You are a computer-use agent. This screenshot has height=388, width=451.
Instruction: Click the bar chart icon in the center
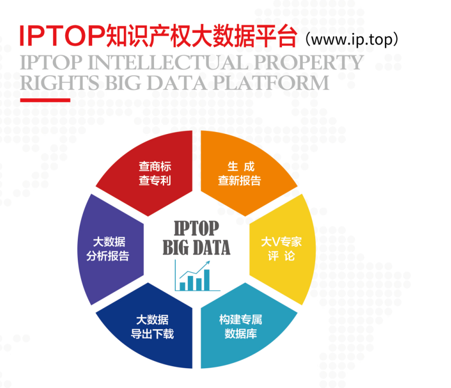[197, 276]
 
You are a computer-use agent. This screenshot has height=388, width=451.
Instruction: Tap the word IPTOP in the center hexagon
[196, 229]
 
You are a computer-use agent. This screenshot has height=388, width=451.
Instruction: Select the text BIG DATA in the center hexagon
[196, 248]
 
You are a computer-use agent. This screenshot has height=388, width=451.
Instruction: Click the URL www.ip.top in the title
[352, 40]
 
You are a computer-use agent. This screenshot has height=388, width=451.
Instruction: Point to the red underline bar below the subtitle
[45, 100]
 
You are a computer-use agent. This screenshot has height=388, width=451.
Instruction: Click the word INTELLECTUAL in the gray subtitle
[168, 62]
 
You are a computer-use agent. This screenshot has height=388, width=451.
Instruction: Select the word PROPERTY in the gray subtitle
[308, 62]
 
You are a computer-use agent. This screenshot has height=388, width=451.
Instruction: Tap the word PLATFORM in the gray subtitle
[271, 83]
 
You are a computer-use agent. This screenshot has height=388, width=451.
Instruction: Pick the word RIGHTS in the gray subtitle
[60, 83]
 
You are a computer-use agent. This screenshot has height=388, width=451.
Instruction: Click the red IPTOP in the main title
[62, 36]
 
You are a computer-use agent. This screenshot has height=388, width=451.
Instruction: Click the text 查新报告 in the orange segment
[239, 181]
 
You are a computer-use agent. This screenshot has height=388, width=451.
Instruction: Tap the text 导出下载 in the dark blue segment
[152, 334]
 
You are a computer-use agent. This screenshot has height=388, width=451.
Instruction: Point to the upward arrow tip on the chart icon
[209, 262]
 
